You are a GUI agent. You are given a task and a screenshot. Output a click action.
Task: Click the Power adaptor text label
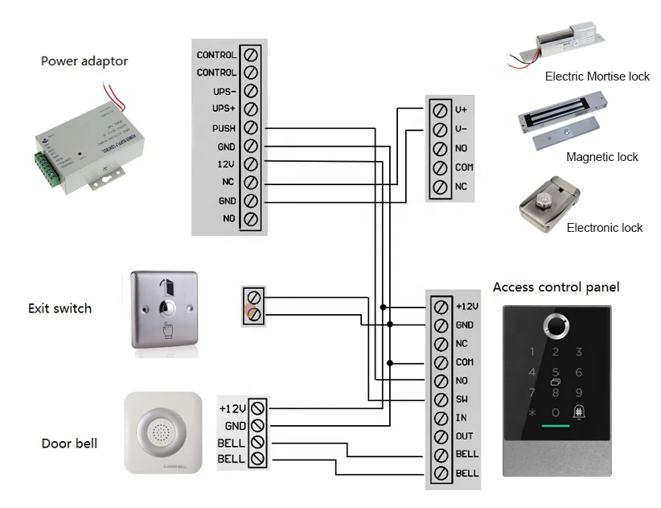[84, 61]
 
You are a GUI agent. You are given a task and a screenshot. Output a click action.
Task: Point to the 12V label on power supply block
[225, 164]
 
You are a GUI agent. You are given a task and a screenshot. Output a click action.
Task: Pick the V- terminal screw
[439, 129]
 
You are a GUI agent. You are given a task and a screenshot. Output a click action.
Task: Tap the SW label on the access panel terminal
[462, 399]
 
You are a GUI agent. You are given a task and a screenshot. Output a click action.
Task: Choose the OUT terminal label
[464, 436]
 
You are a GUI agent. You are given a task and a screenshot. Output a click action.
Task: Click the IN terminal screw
[440, 418]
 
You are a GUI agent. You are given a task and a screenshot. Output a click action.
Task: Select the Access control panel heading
[556, 287]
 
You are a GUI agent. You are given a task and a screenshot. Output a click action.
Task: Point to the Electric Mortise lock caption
[597, 76]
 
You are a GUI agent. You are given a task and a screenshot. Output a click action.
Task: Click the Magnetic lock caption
[601, 157]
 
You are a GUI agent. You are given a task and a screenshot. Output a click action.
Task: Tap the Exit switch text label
[60, 308]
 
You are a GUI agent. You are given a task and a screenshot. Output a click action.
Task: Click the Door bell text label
[69, 444]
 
